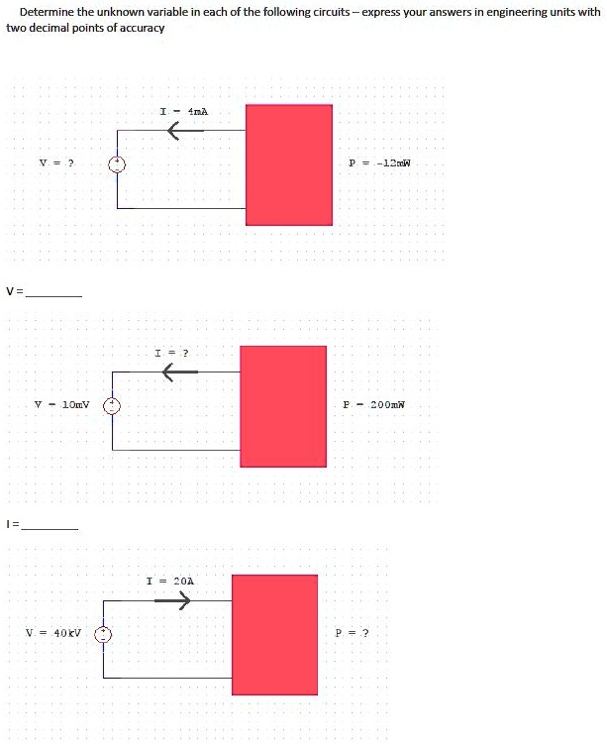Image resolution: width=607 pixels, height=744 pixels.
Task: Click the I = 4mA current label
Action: coord(183,112)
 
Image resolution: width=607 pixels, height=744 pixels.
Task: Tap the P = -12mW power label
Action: coord(379,162)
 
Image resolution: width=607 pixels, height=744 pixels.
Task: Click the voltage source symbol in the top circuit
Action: coord(117,163)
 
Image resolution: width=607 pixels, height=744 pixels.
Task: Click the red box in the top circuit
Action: coord(288,164)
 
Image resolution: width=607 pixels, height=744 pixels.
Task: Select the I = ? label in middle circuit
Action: coord(171,353)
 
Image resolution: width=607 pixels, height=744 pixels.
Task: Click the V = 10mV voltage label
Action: coord(61,404)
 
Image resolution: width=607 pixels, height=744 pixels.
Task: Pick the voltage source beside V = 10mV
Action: coord(113,405)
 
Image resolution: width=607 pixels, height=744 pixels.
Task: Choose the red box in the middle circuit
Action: coord(282,406)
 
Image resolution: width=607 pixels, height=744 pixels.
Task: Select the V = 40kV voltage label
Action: coord(53,633)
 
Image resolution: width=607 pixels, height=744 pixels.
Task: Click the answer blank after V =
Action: coord(54,292)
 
